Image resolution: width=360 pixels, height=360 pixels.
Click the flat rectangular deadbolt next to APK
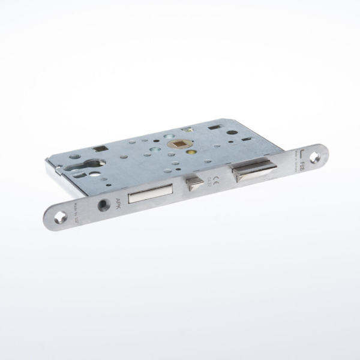pyautogui.click(x=150, y=193)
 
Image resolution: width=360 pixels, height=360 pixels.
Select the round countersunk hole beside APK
pyautogui.click(x=104, y=205)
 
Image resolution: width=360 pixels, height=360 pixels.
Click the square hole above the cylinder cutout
pyautogui.click(x=98, y=150)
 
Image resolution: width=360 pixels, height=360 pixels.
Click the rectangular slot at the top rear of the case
pyautogui.click(x=214, y=127)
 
